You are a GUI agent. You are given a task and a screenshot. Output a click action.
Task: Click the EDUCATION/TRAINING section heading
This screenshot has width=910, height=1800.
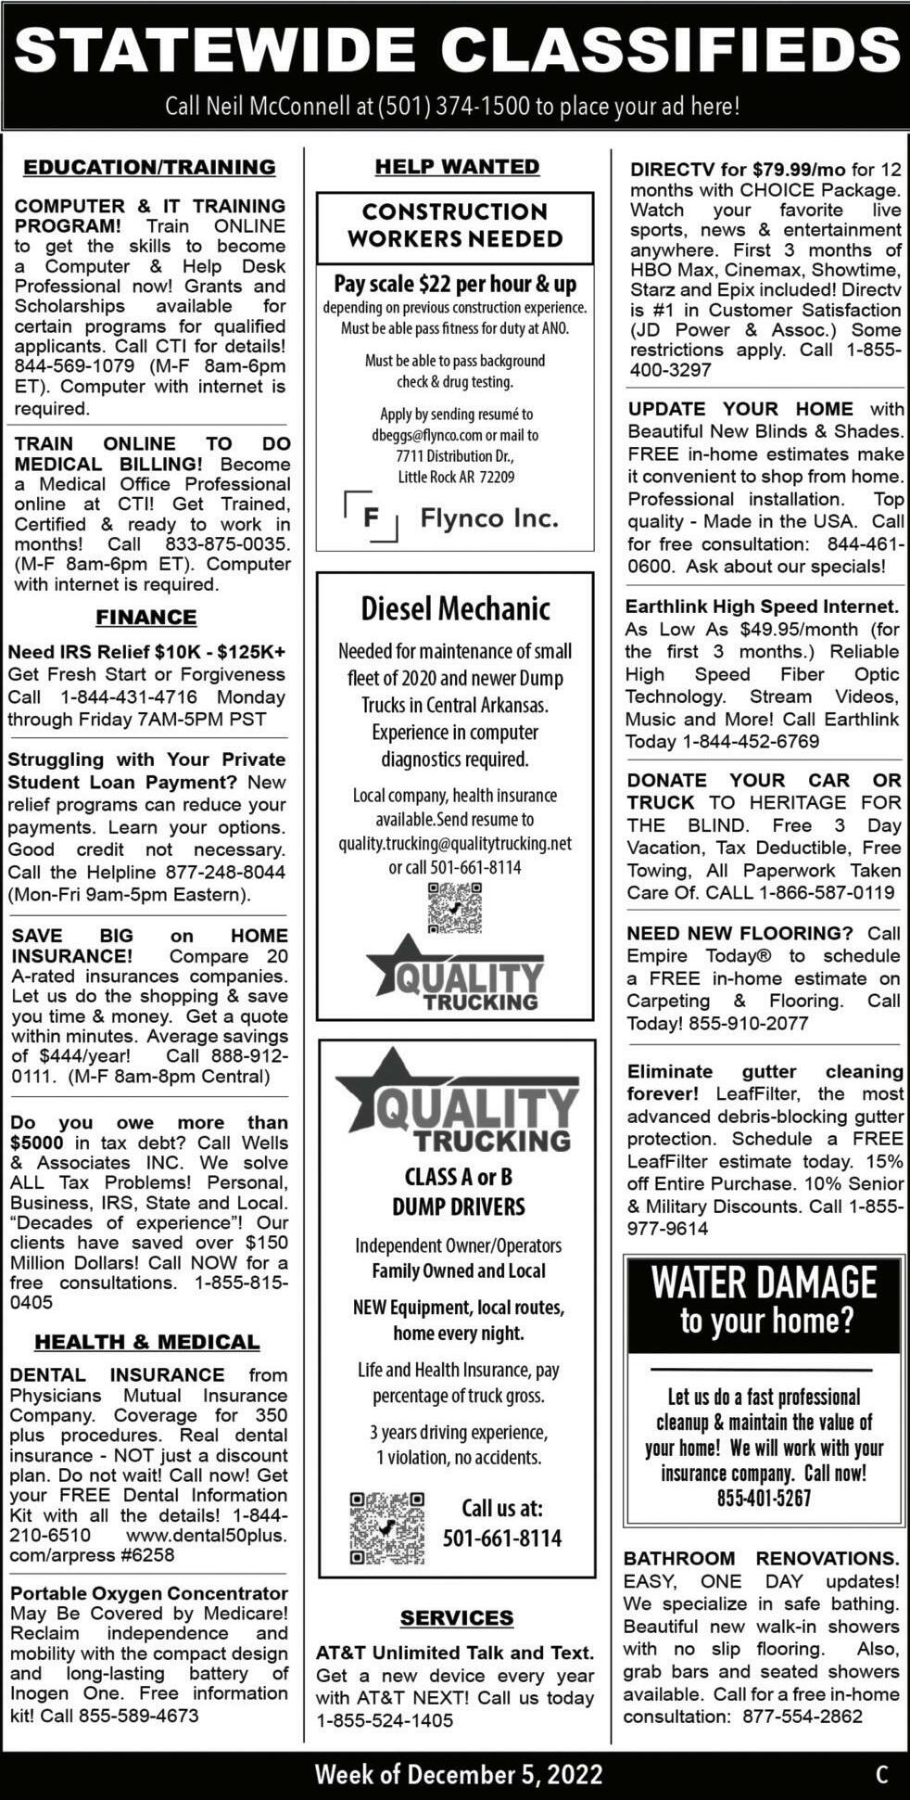149,167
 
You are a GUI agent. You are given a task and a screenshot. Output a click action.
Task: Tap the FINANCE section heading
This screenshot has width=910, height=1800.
146,617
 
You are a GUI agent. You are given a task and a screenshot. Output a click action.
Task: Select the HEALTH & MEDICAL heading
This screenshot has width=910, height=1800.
147,1342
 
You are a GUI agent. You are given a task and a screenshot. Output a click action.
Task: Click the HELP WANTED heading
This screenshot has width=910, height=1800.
457,167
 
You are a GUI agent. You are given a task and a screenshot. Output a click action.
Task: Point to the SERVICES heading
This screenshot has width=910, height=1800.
457,1617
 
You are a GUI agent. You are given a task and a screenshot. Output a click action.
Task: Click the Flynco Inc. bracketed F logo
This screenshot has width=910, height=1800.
371,517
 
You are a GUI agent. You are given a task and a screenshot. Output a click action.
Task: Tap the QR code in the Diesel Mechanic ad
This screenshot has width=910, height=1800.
455,907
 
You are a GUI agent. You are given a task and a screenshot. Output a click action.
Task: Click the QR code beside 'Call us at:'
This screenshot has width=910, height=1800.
387,1528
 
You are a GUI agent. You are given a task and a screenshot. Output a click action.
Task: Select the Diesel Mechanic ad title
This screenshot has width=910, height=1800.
455,608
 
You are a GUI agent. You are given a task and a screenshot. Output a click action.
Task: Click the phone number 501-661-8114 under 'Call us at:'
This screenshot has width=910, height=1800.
502,1538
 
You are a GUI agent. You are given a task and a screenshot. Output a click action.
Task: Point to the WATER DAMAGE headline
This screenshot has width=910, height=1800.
764,1283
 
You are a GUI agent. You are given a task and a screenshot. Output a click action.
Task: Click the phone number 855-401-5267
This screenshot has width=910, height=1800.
764,1498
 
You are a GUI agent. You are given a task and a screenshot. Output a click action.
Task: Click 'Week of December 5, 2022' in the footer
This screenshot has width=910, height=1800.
459,1774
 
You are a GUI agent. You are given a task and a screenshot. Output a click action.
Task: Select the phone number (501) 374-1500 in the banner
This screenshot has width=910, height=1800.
454,107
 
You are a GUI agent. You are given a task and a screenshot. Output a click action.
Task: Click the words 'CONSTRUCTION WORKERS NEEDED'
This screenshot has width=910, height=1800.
455,225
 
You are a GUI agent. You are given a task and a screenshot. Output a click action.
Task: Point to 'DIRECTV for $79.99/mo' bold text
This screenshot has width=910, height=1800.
738,170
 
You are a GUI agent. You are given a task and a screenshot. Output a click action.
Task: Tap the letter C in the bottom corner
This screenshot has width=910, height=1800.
881,1774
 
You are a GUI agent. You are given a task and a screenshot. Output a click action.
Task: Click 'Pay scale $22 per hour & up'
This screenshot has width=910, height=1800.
455,284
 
